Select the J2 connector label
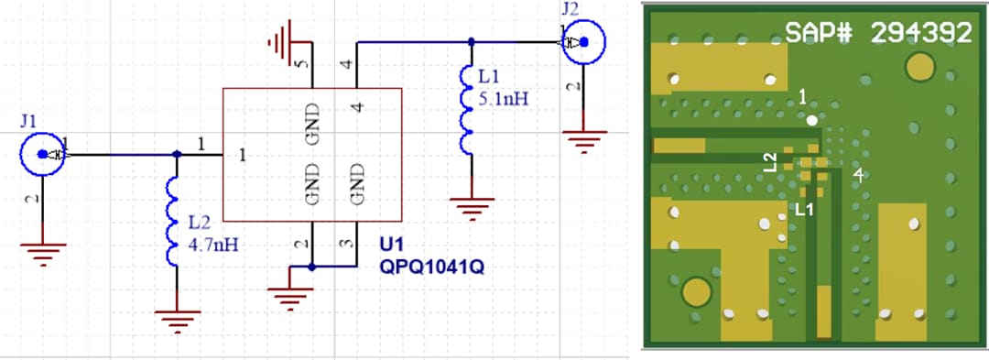(x=570, y=10)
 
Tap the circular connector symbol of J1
(x=42, y=156)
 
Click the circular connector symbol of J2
(x=583, y=42)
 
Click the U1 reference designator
(x=390, y=246)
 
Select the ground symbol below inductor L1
(x=471, y=209)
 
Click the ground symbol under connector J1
(x=42, y=250)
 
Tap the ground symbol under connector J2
(x=583, y=140)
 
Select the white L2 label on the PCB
(x=771, y=162)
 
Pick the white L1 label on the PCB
(x=804, y=209)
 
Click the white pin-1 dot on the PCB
(x=812, y=119)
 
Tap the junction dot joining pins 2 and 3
(x=312, y=267)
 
